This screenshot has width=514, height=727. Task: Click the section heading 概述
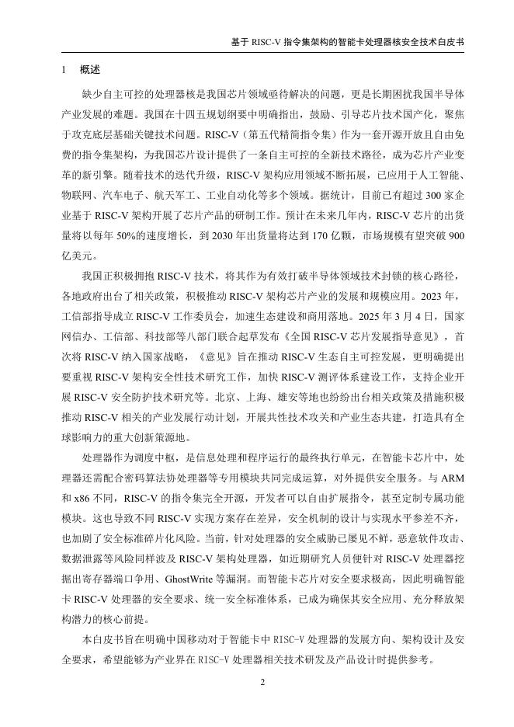point(90,70)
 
